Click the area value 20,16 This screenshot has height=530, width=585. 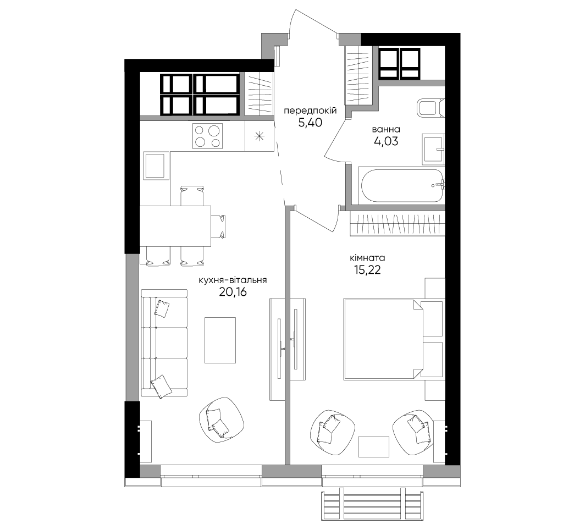click(233, 292)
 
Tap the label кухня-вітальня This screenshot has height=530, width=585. click(233, 280)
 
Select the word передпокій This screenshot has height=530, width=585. click(311, 111)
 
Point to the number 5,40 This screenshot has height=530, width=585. click(310, 123)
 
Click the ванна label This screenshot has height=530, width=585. click(386, 129)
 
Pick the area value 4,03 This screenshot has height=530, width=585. click(386, 141)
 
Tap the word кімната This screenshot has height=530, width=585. click(367, 258)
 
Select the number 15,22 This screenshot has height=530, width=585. click(367, 269)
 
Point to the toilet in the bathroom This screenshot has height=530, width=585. click(431, 108)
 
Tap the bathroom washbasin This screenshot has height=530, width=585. click(433, 149)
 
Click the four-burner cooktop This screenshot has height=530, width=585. click(207, 136)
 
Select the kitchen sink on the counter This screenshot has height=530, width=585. click(155, 165)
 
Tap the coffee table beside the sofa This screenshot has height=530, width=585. click(220, 340)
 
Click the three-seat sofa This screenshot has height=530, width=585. click(164, 343)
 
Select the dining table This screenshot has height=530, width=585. click(175, 226)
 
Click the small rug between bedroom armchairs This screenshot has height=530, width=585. click(373, 447)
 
